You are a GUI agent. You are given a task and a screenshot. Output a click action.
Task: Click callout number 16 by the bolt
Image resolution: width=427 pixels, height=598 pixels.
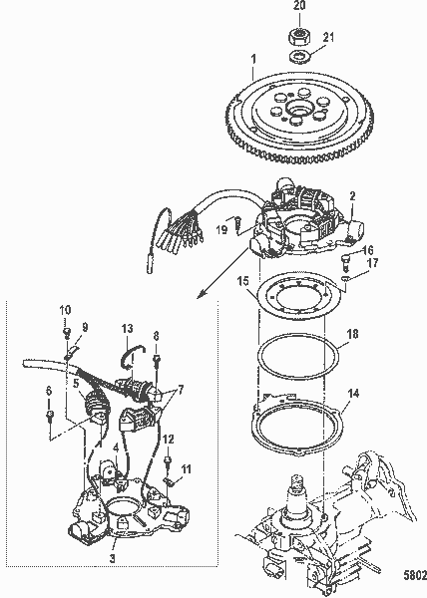coord(367,250)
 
